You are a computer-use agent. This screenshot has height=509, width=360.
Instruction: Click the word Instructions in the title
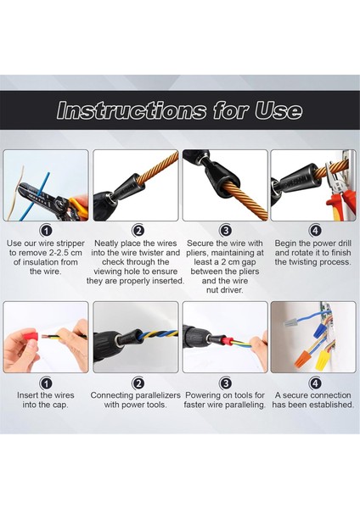coord(125,110)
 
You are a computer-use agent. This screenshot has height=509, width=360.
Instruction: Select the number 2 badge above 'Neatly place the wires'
coord(138,230)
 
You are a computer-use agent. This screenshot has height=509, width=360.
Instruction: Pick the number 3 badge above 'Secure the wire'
coord(226,230)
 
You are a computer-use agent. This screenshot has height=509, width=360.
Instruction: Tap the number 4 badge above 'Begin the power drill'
coord(315,230)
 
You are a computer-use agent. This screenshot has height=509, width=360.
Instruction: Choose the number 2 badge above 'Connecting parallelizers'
coord(138,383)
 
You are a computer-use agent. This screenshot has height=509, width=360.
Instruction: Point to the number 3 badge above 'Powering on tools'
coord(226,383)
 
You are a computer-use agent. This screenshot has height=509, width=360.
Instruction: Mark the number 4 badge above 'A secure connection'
coord(315,383)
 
